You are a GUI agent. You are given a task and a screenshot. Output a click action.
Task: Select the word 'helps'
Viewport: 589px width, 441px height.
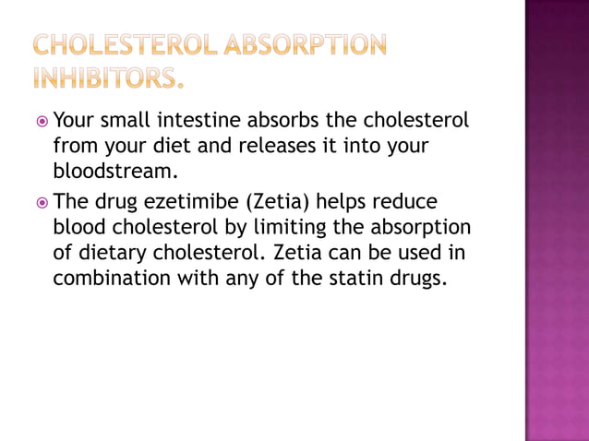345,201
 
